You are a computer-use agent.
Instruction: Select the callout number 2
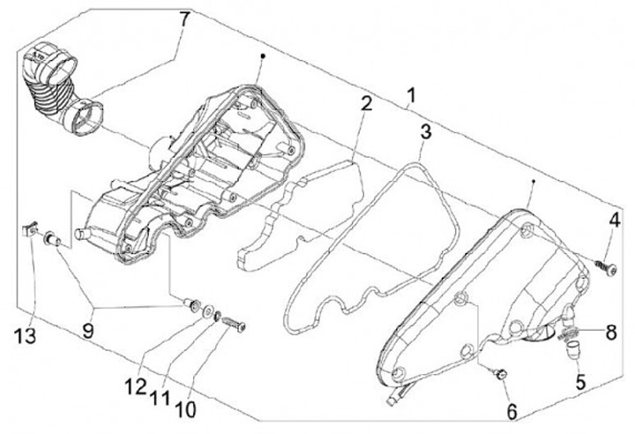pyautogui.click(x=364, y=104)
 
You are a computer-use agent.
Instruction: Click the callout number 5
pyautogui.click(x=580, y=383)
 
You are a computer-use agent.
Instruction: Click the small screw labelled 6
pyautogui.click(x=501, y=375)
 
